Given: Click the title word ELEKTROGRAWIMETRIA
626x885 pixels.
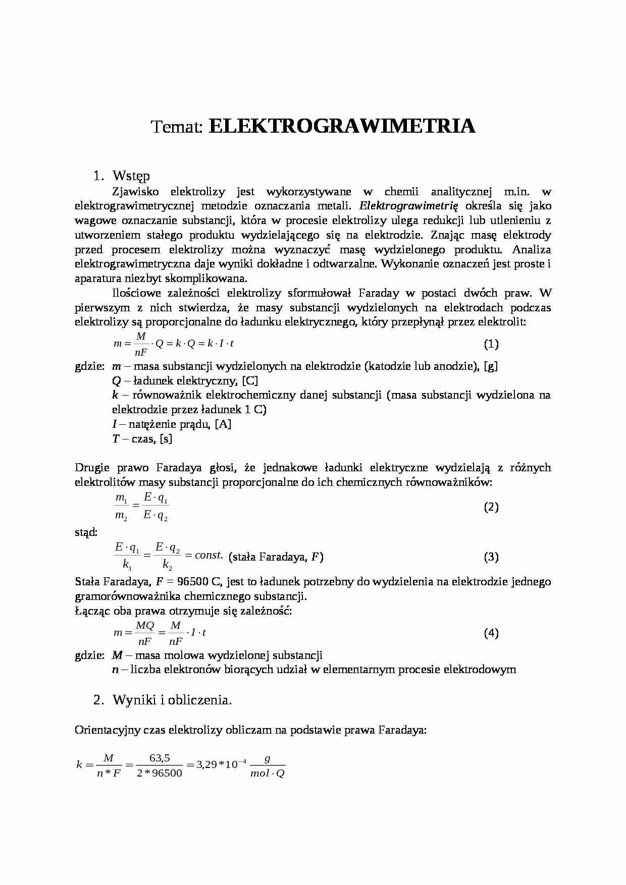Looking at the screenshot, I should coord(341,127).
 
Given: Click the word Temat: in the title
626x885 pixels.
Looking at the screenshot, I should coord(177,127).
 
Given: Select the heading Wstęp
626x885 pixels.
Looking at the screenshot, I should coord(131,176).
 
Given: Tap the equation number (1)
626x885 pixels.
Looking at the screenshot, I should coord(491,344).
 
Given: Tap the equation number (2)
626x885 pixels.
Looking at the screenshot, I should coord(491,507).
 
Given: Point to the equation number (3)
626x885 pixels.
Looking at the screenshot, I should coord(491,557).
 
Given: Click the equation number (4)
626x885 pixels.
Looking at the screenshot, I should coord(491,633).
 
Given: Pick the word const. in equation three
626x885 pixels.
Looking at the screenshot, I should coord(208,556).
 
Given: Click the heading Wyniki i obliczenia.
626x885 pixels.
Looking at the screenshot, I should coord(172,700).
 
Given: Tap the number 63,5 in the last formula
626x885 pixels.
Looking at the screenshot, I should coord(160,758).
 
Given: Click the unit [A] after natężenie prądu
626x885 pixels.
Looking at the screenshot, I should coord(223,424).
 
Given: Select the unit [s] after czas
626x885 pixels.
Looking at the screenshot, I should coord(166,439).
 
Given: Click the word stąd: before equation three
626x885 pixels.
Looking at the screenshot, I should coord(86,532).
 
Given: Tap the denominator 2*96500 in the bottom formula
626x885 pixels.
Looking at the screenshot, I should coord(160,773).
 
